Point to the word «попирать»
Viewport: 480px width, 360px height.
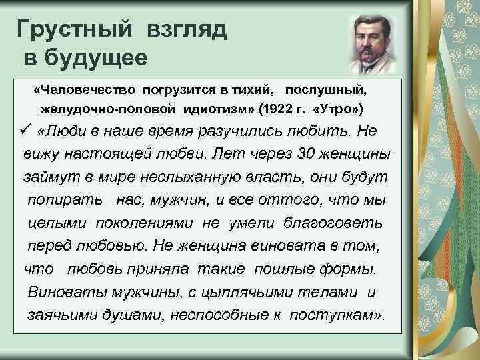(x=65, y=200)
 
